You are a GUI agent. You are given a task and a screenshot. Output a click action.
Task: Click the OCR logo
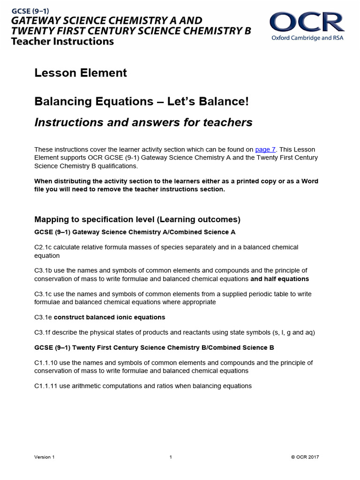click(x=307, y=22)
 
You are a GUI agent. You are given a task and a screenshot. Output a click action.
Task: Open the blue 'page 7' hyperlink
click(x=265, y=150)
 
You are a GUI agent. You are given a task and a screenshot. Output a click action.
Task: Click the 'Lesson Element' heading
click(x=81, y=73)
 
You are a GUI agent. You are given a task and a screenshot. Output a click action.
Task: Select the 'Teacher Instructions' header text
click(x=62, y=41)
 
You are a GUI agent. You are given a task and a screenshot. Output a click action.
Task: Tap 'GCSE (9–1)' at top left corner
click(x=30, y=10)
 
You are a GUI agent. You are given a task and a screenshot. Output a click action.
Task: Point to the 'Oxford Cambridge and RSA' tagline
click(x=307, y=37)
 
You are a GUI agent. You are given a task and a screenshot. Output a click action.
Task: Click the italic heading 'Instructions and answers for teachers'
click(x=143, y=122)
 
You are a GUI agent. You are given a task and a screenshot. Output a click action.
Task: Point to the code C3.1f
click(x=44, y=333)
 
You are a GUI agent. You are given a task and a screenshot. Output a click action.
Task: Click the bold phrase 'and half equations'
click(x=279, y=279)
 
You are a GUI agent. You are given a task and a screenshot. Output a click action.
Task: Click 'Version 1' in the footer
click(x=45, y=457)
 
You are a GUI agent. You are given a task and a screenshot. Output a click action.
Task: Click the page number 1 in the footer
click(x=171, y=457)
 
